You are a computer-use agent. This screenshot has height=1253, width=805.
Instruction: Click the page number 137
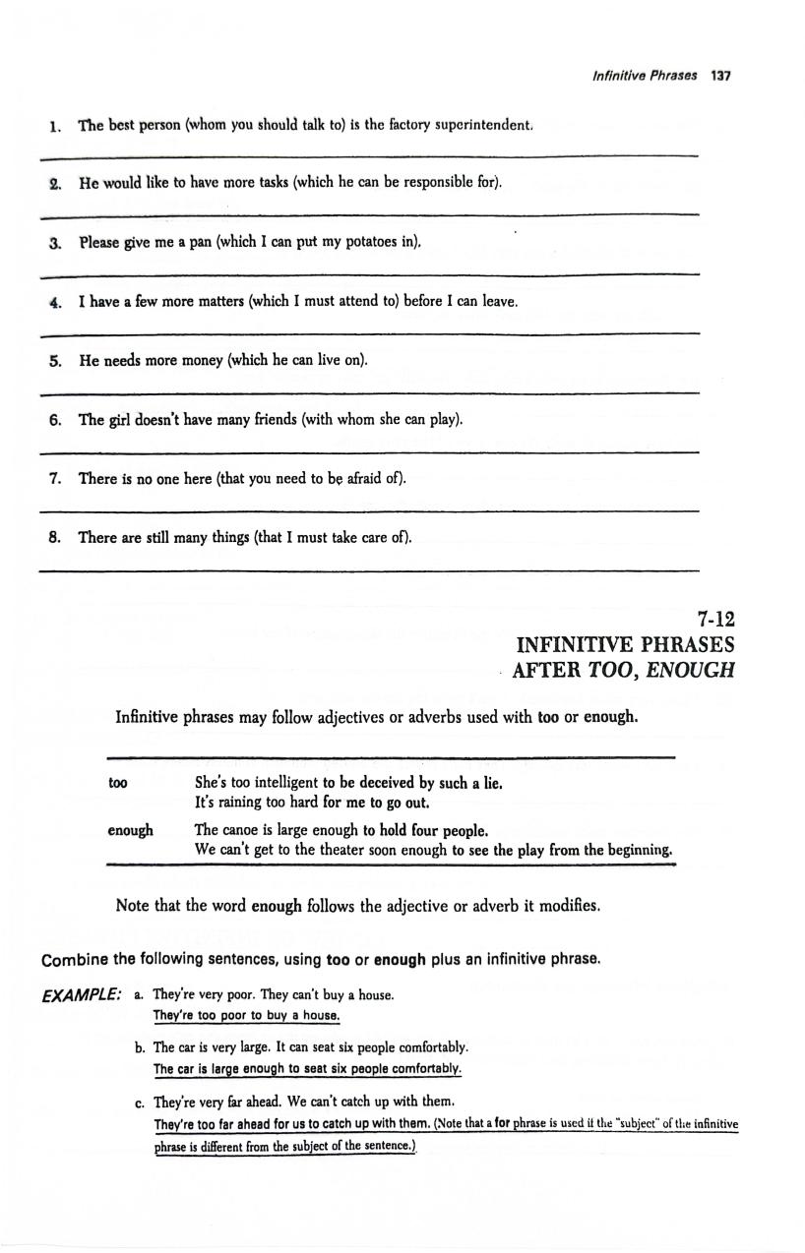(721, 76)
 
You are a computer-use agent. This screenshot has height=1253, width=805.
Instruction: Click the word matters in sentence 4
(198, 302)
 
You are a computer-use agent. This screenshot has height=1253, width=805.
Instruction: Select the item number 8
(55, 538)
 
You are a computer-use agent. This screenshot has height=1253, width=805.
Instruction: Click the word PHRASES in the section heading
(682, 645)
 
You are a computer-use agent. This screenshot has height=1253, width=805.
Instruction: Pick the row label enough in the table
(130, 830)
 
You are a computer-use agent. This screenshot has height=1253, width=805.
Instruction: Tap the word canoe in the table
(247, 830)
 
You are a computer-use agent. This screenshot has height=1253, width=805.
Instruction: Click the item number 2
(56, 184)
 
